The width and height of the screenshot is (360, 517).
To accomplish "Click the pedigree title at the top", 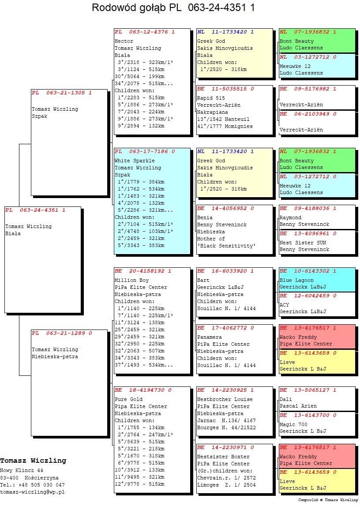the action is (x=173, y=7).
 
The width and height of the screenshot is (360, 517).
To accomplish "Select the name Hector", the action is (x=124, y=41).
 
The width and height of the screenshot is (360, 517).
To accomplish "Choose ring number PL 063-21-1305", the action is (x=62, y=93).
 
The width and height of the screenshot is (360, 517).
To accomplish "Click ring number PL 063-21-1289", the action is (x=62, y=333).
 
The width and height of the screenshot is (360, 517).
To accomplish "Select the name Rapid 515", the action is (x=211, y=98).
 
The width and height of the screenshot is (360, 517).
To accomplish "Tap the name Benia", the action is (x=205, y=217).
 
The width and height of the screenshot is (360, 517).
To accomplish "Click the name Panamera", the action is (x=210, y=337).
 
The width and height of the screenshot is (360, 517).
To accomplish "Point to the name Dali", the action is (x=285, y=399).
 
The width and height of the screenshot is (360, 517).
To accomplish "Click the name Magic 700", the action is (x=293, y=424).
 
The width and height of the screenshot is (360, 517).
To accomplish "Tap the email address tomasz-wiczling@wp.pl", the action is (x=32, y=492).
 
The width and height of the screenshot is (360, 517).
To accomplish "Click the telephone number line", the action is (x=32, y=485).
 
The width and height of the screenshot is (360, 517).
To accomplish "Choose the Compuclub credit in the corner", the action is (x=328, y=500).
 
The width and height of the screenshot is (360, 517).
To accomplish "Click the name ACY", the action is (x=284, y=305).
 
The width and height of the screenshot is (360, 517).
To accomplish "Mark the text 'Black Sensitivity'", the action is (x=226, y=246).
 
